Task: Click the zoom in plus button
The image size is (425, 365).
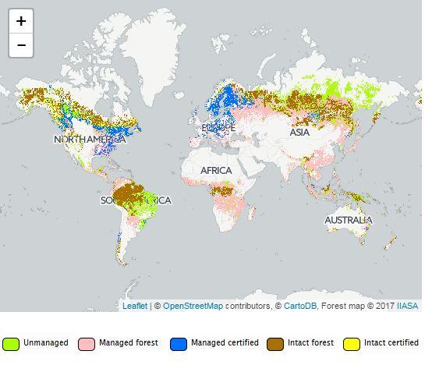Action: [x=21, y=21]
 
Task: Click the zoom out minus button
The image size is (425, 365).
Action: [x=21, y=45]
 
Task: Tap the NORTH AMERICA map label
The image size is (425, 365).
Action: [x=90, y=140]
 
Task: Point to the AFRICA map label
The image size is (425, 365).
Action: [x=216, y=170]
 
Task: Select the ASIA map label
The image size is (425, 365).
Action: [x=299, y=133]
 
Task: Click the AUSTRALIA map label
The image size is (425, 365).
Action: [x=349, y=221]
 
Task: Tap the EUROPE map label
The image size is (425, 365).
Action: [x=218, y=127]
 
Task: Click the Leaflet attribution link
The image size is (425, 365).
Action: [x=135, y=306]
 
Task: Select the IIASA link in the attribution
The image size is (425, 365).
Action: [x=407, y=306]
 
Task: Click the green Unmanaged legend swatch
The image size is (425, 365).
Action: [x=11, y=344]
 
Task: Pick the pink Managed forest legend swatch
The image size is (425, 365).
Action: [x=87, y=344]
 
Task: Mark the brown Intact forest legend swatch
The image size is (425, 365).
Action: [x=275, y=344]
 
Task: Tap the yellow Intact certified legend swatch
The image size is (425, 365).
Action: [x=352, y=344]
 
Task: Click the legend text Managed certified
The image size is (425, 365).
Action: [x=225, y=343]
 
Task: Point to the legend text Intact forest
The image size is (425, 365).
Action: [x=313, y=343]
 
